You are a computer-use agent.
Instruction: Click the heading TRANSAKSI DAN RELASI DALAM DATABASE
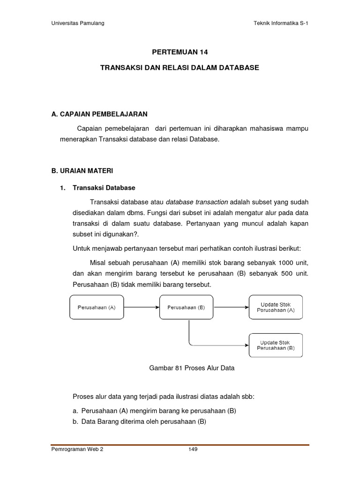pyautogui.click(x=180, y=68)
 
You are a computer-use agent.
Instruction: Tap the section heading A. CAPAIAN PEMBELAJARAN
pyautogui.click(x=99, y=114)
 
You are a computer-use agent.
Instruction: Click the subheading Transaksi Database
pyautogui.click(x=104, y=187)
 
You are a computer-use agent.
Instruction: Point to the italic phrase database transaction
pyautogui.click(x=197, y=202)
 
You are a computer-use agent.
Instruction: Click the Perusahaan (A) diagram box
pyautogui.click(x=97, y=307)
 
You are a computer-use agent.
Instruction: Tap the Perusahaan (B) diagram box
pyautogui.click(x=186, y=307)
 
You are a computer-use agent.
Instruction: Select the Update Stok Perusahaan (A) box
pyautogui.click(x=276, y=307)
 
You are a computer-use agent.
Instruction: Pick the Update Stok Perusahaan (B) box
pyautogui.click(x=276, y=345)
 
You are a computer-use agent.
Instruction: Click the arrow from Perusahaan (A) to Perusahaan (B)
pyautogui.click(x=142, y=307)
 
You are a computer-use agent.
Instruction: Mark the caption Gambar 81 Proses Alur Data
pyautogui.click(x=191, y=368)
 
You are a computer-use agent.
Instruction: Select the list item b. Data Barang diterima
pyautogui.click(x=139, y=421)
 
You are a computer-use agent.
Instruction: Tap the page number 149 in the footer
pyautogui.click(x=193, y=449)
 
